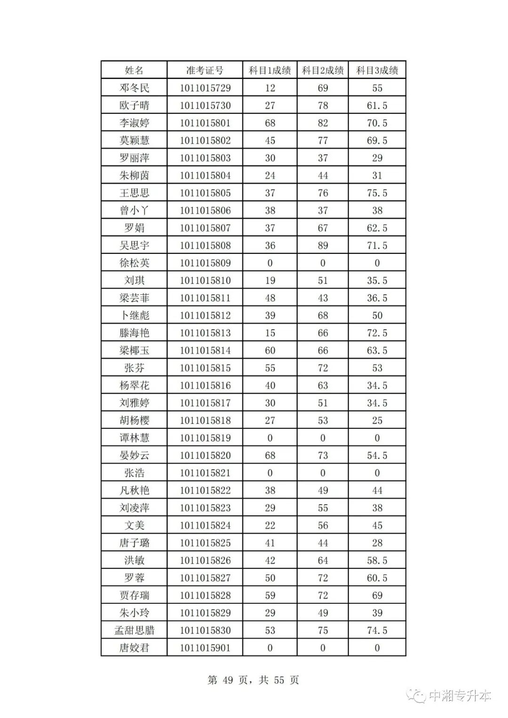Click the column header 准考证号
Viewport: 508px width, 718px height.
coord(205,71)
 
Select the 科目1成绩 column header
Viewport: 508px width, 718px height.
coord(270,71)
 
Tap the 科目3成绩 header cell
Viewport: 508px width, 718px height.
coord(377,71)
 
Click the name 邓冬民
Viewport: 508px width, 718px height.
coord(134,88)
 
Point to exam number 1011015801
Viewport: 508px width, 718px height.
coord(205,123)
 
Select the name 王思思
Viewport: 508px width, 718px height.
coord(134,193)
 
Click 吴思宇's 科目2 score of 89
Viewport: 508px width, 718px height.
coord(323,245)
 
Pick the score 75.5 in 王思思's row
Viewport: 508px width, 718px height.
coord(377,193)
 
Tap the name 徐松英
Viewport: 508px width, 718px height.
coord(134,263)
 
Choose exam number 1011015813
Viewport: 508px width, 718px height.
coord(205,333)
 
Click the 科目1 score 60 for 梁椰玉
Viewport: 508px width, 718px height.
coord(270,350)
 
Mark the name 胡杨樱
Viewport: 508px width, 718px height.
coord(134,420)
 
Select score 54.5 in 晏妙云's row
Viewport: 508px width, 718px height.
coord(377,456)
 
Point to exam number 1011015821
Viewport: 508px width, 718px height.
coord(205,473)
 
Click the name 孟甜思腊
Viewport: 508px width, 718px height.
coord(134,631)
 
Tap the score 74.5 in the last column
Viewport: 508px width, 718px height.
coord(377,631)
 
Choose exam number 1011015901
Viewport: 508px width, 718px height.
coord(205,648)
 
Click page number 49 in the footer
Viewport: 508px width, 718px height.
coord(227,680)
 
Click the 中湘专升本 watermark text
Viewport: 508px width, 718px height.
coord(460,695)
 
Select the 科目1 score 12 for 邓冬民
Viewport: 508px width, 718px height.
coord(270,88)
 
